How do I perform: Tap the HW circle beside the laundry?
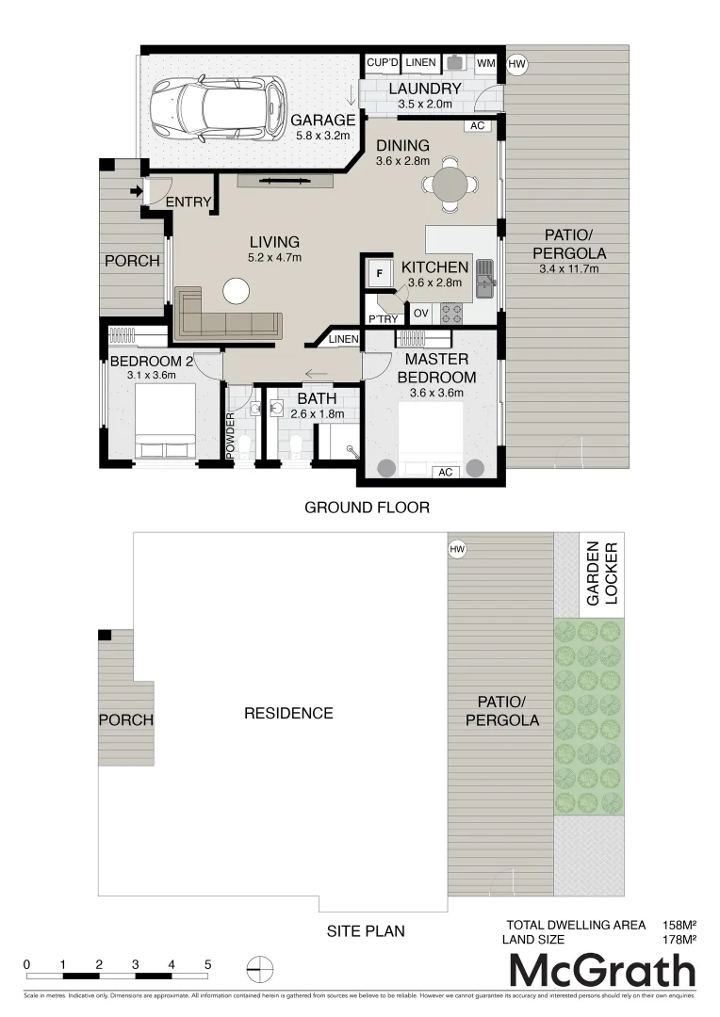pyautogui.click(x=515, y=64)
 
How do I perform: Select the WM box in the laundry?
pyautogui.click(x=486, y=63)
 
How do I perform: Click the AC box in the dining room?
pyautogui.click(x=477, y=125)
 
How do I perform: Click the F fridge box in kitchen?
pyautogui.click(x=379, y=273)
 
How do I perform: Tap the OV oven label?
pyautogui.click(x=420, y=313)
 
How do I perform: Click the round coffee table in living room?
pyautogui.click(x=236, y=291)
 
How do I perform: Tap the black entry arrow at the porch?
pyautogui.click(x=138, y=192)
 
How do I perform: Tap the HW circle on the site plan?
pyautogui.click(x=458, y=549)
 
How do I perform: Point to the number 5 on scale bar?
pyautogui.click(x=208, y=964)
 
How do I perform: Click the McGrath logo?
pyautogui.click(x=602, y=971)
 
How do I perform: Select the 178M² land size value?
pyautogui.click(x=679, y=939)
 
